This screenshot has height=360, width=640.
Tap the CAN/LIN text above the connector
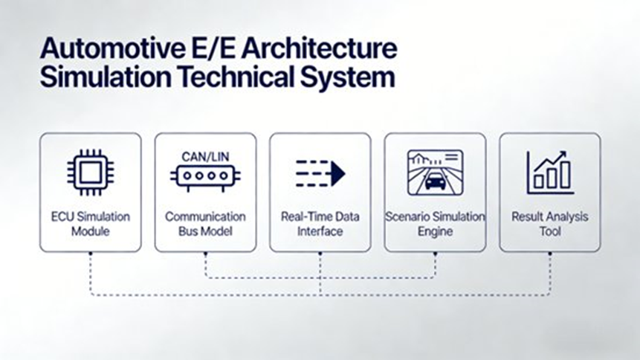click(204, 156)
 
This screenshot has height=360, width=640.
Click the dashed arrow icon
click(320, 173)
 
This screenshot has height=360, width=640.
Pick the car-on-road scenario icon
click(435, 172)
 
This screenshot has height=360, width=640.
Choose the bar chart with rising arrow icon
click(549, 171)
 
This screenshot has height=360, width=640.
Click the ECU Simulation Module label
click(90, 224)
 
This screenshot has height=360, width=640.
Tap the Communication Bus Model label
click(205, 224)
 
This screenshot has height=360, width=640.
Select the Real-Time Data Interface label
click(320, 224)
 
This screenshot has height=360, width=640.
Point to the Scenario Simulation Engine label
click(435, 224)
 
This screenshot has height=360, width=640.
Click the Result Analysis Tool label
click(549, 224)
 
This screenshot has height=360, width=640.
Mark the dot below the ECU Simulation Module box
click(91, 252)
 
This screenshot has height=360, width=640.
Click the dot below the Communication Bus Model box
click(205, 252)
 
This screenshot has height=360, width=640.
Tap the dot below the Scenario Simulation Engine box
click(435, 252)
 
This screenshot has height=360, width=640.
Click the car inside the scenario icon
click(435, 181)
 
